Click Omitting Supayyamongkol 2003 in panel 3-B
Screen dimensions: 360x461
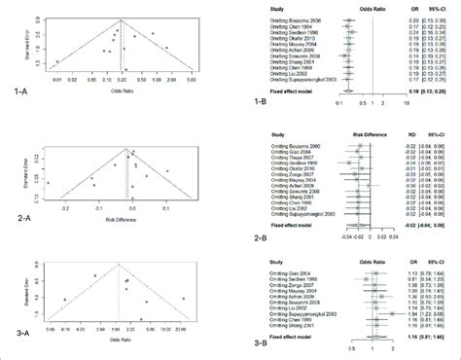[314, 313]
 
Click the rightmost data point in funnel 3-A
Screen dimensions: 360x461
[184, 297]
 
